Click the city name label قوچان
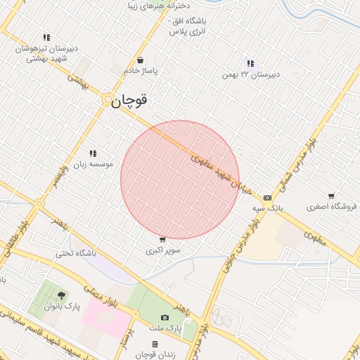[130, 101]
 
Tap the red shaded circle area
[180, 179]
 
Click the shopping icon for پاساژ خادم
[142, 60]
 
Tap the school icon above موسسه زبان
[93, 153]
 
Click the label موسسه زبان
[92, 164]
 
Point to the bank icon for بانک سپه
[267, 198]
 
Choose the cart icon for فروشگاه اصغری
[331, 196]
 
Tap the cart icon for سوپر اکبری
[163, 240]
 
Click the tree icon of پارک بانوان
[62, 295]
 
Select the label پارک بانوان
[63, 307]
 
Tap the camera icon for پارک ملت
[165, 318]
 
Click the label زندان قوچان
[155, 354]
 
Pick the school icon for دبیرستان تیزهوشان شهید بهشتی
[46, 37]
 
